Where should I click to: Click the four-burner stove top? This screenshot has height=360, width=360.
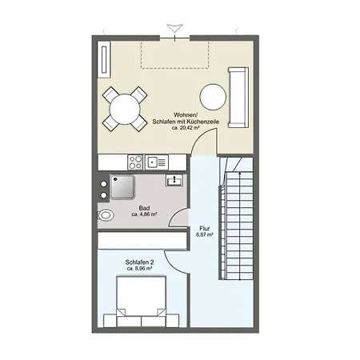click(135, 162)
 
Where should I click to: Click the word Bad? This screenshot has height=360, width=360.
click(144, 208)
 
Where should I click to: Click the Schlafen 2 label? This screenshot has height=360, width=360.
click(140, 262)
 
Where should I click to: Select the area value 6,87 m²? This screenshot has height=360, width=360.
click(205, 237)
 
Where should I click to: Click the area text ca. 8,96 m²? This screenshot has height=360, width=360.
click(141, 269)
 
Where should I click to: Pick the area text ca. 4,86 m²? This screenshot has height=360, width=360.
click(144, 215)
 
